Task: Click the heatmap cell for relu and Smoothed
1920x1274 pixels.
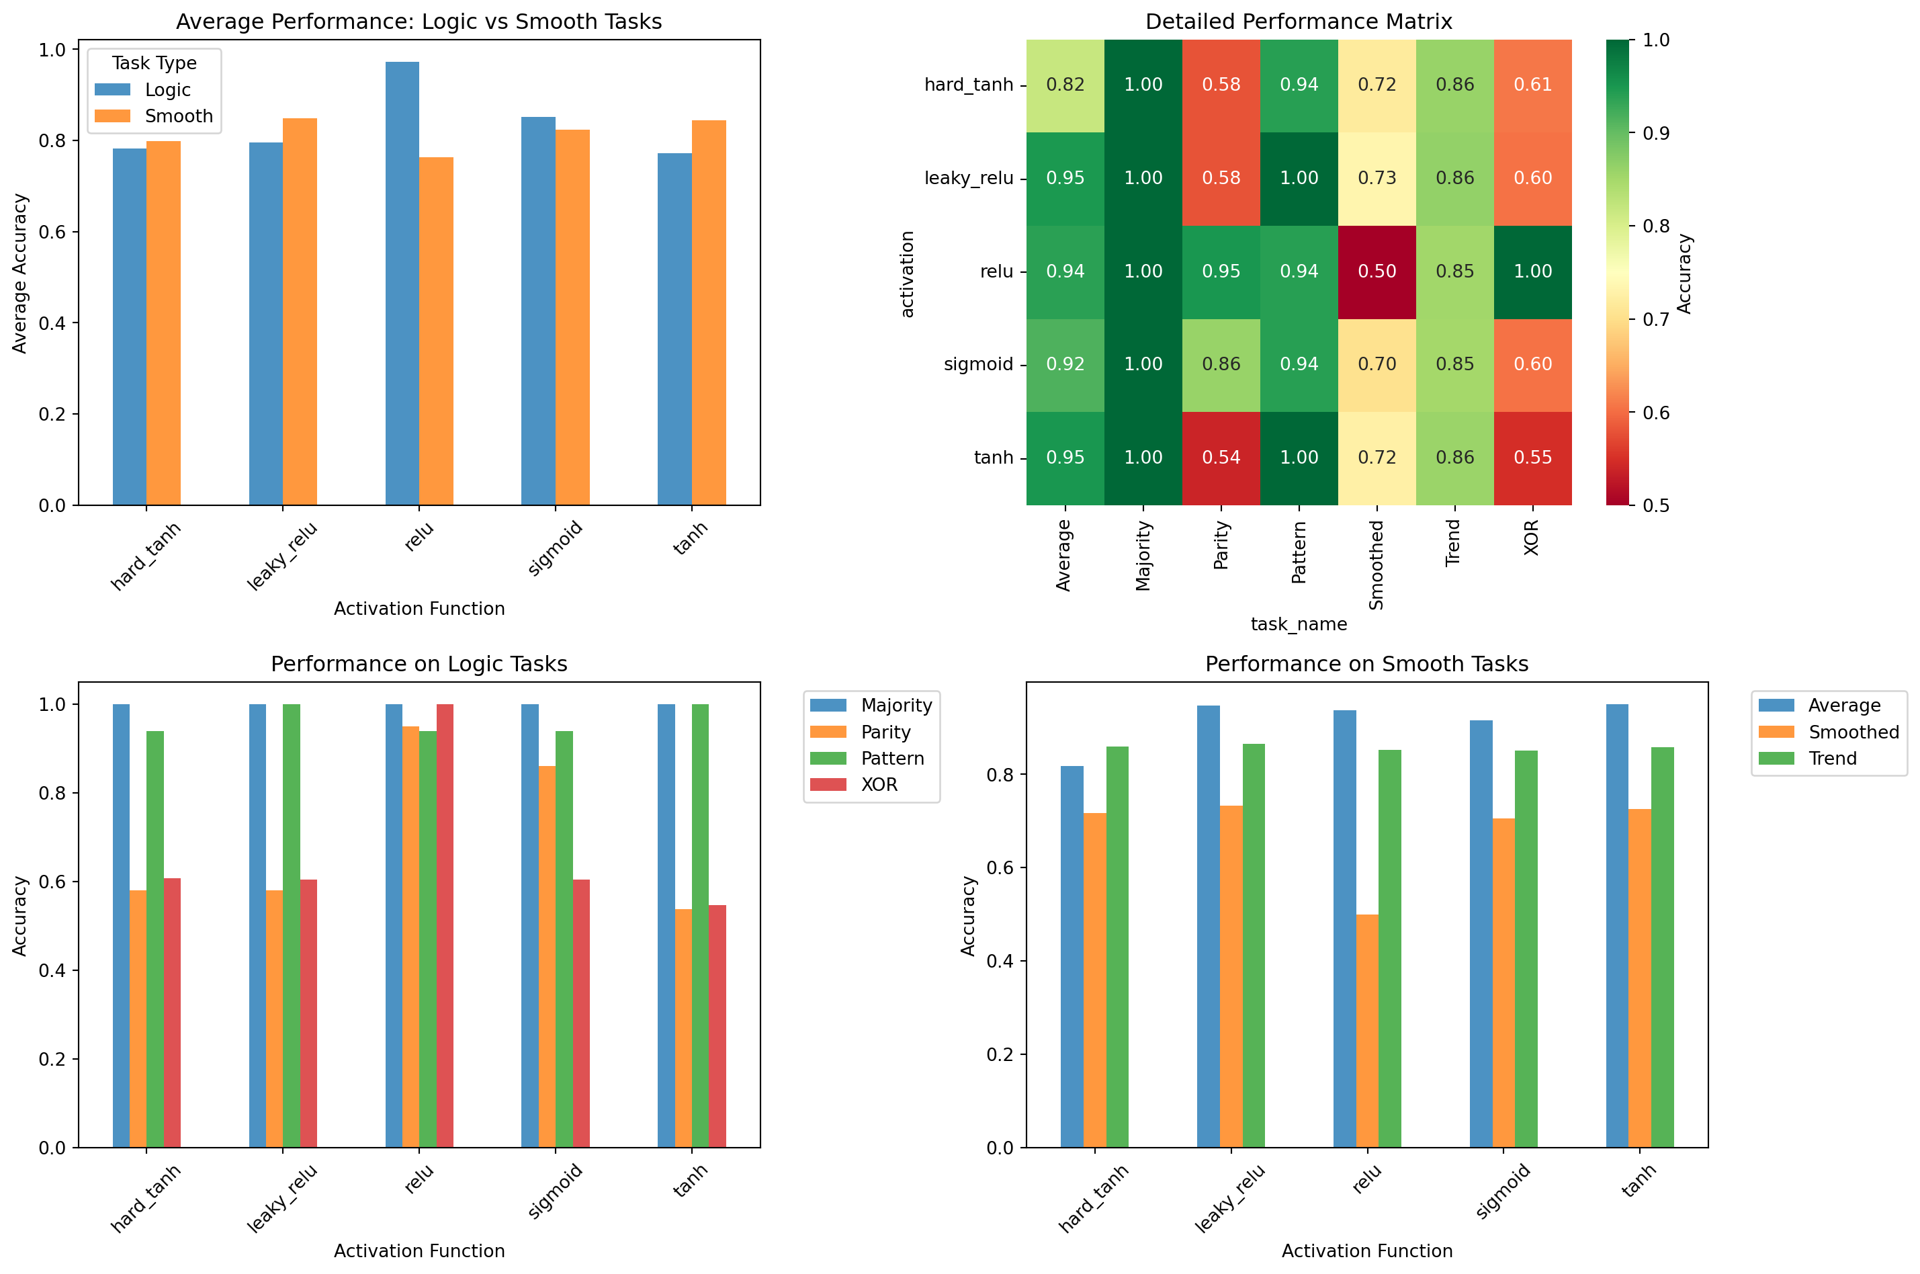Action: (1377, 271)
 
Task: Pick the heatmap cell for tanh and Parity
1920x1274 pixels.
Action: (1221, 458)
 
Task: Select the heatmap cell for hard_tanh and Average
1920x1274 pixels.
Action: (1065, 85)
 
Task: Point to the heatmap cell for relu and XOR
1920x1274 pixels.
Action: (1532, 271)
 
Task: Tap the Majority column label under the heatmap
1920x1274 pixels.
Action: (1143, 556)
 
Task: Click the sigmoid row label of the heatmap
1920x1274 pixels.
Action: (978, 364)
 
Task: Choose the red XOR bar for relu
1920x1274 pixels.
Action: (445, 925)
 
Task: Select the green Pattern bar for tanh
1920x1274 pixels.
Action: (700, 925)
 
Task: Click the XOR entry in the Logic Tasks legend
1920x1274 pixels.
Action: (879, 785)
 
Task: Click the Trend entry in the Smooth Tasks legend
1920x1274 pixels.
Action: (1832, 758)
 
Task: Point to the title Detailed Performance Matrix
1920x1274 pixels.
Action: (1298, 21)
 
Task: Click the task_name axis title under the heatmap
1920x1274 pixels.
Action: (1298, 624)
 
